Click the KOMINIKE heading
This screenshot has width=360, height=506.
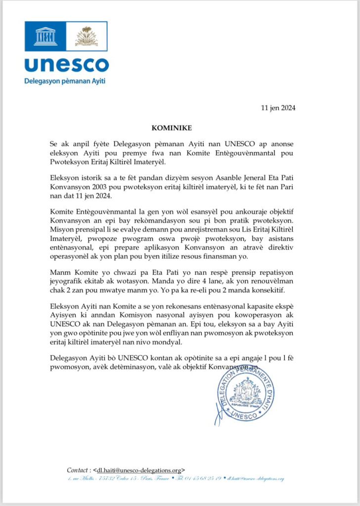tap(180, 127)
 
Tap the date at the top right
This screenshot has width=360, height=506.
tap(278, 108)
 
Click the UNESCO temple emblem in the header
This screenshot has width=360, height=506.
tap(46, 36)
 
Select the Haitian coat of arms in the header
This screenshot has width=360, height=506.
tap(87, 36)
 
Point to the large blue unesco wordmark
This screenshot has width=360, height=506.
tap(66, 65)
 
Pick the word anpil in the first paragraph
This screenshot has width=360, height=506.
tap(78, 143)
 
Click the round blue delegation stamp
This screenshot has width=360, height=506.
tap(245, 394)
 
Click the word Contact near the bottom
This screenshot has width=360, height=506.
tap(78, 470)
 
